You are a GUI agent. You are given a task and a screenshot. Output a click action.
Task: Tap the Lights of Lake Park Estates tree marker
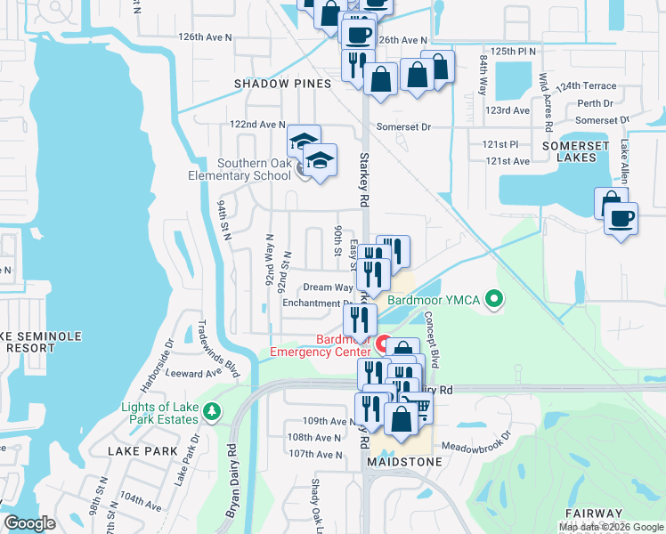click(212, 410)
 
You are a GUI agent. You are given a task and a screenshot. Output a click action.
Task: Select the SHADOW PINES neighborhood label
click(282, 83)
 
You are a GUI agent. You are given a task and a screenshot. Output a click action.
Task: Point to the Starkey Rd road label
click(363, 178)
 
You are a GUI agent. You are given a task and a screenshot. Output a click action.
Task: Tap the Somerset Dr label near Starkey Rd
click(402, 127)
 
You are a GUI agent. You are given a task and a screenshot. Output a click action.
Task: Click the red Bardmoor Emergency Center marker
click(385, 344)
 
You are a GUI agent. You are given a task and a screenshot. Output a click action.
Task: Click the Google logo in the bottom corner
click(29, 523)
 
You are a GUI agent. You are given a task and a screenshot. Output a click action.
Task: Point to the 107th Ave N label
click(314, 455)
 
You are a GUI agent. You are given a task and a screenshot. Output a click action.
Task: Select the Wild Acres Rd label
click(546, 97)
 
